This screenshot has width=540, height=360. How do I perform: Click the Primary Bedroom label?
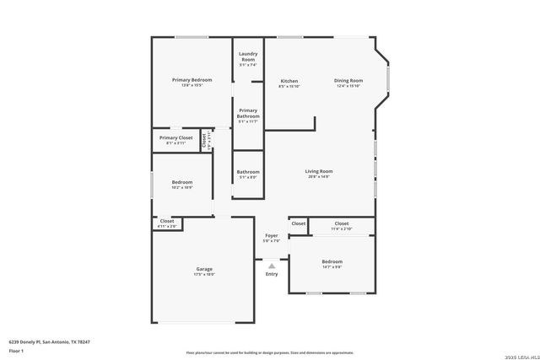coord(192,80)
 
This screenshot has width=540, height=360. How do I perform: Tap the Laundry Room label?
coord(247,57)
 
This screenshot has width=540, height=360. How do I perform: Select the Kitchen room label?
coord(289,81)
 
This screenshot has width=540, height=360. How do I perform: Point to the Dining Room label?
coord(348,81)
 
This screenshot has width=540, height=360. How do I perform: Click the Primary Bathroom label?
coord(247,113)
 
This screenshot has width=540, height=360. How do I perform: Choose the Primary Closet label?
coord(175,137)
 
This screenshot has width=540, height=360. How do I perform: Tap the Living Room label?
coord(318,171)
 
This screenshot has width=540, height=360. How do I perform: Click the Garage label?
coord(204,269)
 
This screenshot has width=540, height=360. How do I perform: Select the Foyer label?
coord(272,235)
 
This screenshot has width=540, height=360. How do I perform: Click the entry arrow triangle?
coord(272,265)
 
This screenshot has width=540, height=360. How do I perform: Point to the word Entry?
coord(272,274)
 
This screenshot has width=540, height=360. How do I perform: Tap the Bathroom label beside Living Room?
coord(247,172)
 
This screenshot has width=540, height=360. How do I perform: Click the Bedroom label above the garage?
coord(182,182)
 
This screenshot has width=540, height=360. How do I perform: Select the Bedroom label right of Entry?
coord(331,261)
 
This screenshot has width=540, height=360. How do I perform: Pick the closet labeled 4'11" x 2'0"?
coord(167,223)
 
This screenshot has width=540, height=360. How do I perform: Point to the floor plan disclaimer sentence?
coord(270,352)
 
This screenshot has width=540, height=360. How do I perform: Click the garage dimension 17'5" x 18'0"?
coord(204,274)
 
